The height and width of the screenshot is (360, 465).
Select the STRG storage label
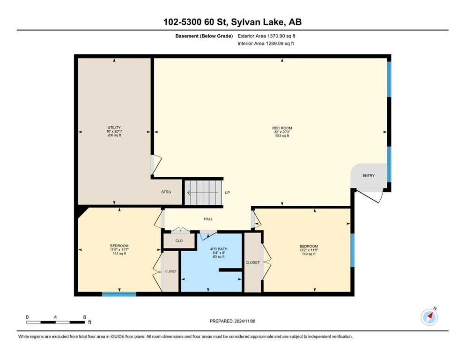tap(166, 192)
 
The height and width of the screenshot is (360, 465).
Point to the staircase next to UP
tap(203, 192)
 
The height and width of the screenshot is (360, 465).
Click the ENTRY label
tap(369, 176)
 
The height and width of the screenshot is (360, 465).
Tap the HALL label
tap(208, 219)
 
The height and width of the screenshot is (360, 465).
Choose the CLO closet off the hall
tap(179, 240)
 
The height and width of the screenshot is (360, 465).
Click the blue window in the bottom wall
tap(119, 294)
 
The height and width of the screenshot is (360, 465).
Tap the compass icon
tap(429, 317)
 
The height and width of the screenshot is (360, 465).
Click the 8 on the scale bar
tap(84, 317)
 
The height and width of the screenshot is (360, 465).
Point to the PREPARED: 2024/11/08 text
tap(232, 321)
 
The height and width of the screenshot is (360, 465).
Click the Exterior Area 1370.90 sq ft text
tap(266, 36)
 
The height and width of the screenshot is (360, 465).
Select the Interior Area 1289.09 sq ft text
tap(266, 44)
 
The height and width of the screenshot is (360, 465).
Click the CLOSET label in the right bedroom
tap(253, 262)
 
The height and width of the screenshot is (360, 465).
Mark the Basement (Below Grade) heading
tap(204, 36)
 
